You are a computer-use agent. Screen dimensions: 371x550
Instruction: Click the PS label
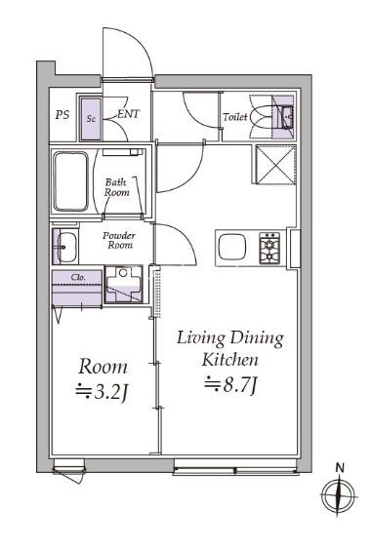tap(62, 115)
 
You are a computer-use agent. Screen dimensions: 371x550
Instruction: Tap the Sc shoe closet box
tap(91, 119)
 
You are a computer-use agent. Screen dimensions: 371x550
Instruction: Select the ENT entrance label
tap(128, 114)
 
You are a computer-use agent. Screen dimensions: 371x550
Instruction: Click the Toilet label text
tap(235, 116)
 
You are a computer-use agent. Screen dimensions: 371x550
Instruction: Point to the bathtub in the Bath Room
tap(70, 181)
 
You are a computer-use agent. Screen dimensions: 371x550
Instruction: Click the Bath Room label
tap(116, 187)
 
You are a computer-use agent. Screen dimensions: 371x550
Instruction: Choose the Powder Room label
tap(119, 240)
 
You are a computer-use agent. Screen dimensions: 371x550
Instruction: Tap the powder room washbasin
tap(65, 247)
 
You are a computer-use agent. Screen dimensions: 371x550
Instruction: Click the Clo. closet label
tap(78, 277)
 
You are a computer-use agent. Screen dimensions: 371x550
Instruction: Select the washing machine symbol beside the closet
tap(123, 285)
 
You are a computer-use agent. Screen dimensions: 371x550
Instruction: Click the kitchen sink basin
tap(232, 248)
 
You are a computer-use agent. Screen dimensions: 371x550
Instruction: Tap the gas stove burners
tap(269, 248)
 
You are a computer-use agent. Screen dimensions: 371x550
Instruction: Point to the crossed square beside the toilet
tap(275, 165)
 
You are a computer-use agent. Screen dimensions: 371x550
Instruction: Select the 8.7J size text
tap(232, 385)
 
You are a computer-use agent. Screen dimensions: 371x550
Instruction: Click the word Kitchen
tap(230, 360)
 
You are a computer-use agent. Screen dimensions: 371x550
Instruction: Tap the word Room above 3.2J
tap(103, 367)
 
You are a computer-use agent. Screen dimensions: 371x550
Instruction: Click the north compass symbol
tap(338, 496)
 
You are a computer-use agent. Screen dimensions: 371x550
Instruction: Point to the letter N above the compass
tap(340, 467)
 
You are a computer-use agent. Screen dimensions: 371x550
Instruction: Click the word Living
tap(200, 338)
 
